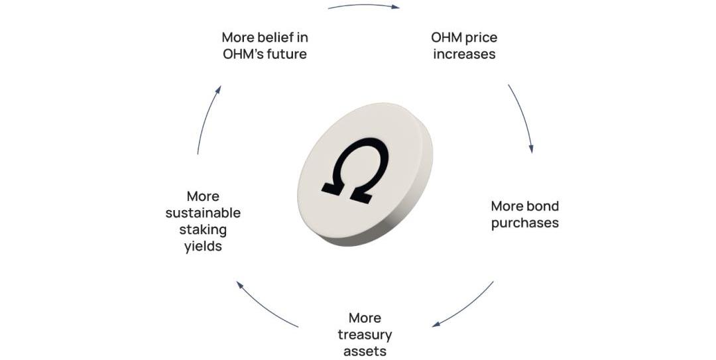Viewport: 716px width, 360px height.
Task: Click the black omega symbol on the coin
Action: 355,170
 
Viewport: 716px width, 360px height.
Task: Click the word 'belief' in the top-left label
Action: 272,37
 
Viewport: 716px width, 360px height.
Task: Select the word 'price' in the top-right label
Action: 483,38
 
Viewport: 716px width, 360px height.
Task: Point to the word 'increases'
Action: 464,54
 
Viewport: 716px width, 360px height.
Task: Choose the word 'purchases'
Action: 525,223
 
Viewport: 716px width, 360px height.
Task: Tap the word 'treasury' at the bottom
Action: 365,335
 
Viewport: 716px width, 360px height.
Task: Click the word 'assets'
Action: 365,351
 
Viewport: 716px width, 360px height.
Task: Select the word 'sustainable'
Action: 204,213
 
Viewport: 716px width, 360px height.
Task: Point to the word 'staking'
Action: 204,230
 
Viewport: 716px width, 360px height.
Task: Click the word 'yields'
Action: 204,247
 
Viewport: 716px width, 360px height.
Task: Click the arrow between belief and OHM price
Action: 364,5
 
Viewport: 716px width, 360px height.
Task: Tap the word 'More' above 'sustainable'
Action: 204,196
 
